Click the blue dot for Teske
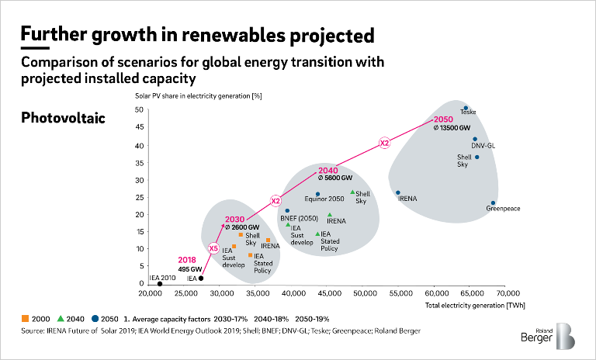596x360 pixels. pos(466,109)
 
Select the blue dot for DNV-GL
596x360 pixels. pos(475,140)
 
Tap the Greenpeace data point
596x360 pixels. pos(493,203)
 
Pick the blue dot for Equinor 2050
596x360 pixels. pos(318,194)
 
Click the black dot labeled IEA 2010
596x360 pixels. pos(160,284)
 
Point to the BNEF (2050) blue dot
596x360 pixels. pos(287,210)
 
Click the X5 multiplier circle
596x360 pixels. pos(213,247)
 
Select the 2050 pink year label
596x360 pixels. pos(442,119)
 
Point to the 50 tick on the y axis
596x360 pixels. pos(137,110)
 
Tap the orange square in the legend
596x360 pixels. pos(24,319)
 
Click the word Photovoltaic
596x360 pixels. pos(62,118)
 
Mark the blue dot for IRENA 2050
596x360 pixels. pos(398,192)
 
